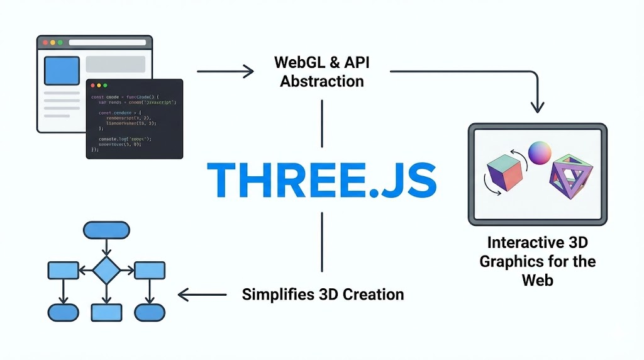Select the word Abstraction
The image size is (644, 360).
[321, 81]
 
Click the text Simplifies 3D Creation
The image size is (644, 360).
[323, 294]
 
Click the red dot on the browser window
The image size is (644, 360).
[44, 43]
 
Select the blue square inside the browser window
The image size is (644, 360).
[60, 70]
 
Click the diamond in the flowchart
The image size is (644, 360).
[106, 270]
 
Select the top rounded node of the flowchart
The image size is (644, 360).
[106, 230]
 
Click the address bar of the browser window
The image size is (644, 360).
[107, 43]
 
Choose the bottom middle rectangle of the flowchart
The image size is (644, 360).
[106, 312]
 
